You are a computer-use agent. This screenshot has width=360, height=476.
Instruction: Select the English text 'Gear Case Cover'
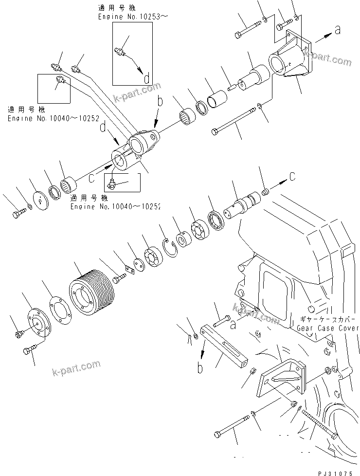(x=327, y=328)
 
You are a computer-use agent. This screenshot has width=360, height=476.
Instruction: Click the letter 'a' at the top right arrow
(x=337, y=30)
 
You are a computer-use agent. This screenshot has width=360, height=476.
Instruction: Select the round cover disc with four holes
(x=33, y=326)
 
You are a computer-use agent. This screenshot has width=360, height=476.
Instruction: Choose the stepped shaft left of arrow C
(x=242, y=204)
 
